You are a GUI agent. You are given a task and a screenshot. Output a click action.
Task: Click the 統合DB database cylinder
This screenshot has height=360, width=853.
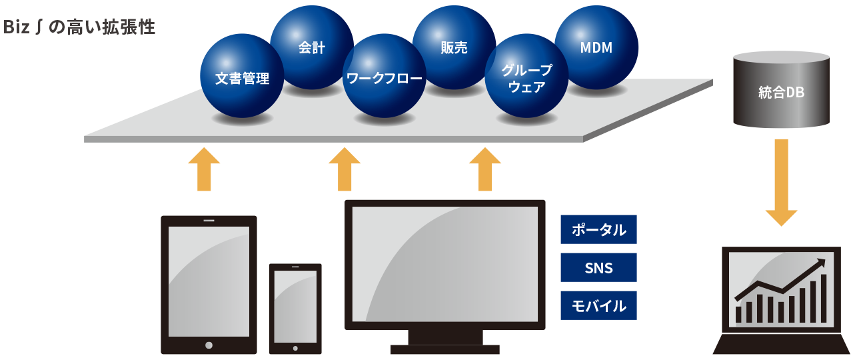pos(782,91)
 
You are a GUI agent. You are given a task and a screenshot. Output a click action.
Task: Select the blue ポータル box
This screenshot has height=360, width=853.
pos(598,229)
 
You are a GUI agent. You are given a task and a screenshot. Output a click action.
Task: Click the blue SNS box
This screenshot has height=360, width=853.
pos(598,267)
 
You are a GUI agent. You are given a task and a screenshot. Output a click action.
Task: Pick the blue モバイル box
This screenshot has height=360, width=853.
pos(598,305)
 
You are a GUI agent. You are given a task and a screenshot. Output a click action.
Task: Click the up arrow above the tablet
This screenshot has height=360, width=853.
pos(204,169)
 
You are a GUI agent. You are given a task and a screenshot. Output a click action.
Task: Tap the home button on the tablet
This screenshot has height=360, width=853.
pos(209,345)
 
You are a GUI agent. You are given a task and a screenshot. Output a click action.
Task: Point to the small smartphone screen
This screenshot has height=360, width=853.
pos(295,306)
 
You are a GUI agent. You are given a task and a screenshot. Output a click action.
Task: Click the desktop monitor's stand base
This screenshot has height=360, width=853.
pos(444,349)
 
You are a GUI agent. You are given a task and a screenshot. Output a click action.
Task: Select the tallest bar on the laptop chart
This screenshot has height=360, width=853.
pos(824,297)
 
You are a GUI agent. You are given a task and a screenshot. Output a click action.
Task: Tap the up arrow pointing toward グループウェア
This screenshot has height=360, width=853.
pos(485,169)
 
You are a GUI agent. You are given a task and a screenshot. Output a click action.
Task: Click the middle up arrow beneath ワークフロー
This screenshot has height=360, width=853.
pos(345,169)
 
